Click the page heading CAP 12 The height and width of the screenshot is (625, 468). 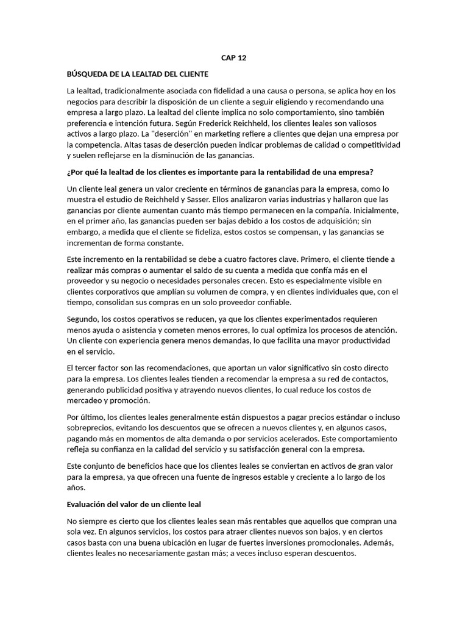pyautogui.click(x=233, y=58)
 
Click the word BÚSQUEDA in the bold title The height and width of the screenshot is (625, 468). pyautogui.click(x=88, y=74)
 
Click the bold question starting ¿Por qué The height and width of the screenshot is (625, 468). pyautogui.click(x=220, y=172)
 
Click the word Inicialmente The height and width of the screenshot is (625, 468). pyautogui.click(x=375, y=211)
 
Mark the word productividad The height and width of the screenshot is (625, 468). pyautogui.click(x=364, y=340)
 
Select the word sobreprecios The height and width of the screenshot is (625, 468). pyautogui.click(x=91, y=427)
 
